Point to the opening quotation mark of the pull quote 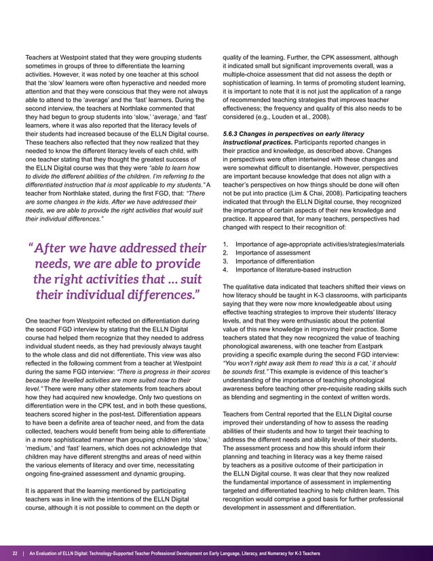point(32,246)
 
